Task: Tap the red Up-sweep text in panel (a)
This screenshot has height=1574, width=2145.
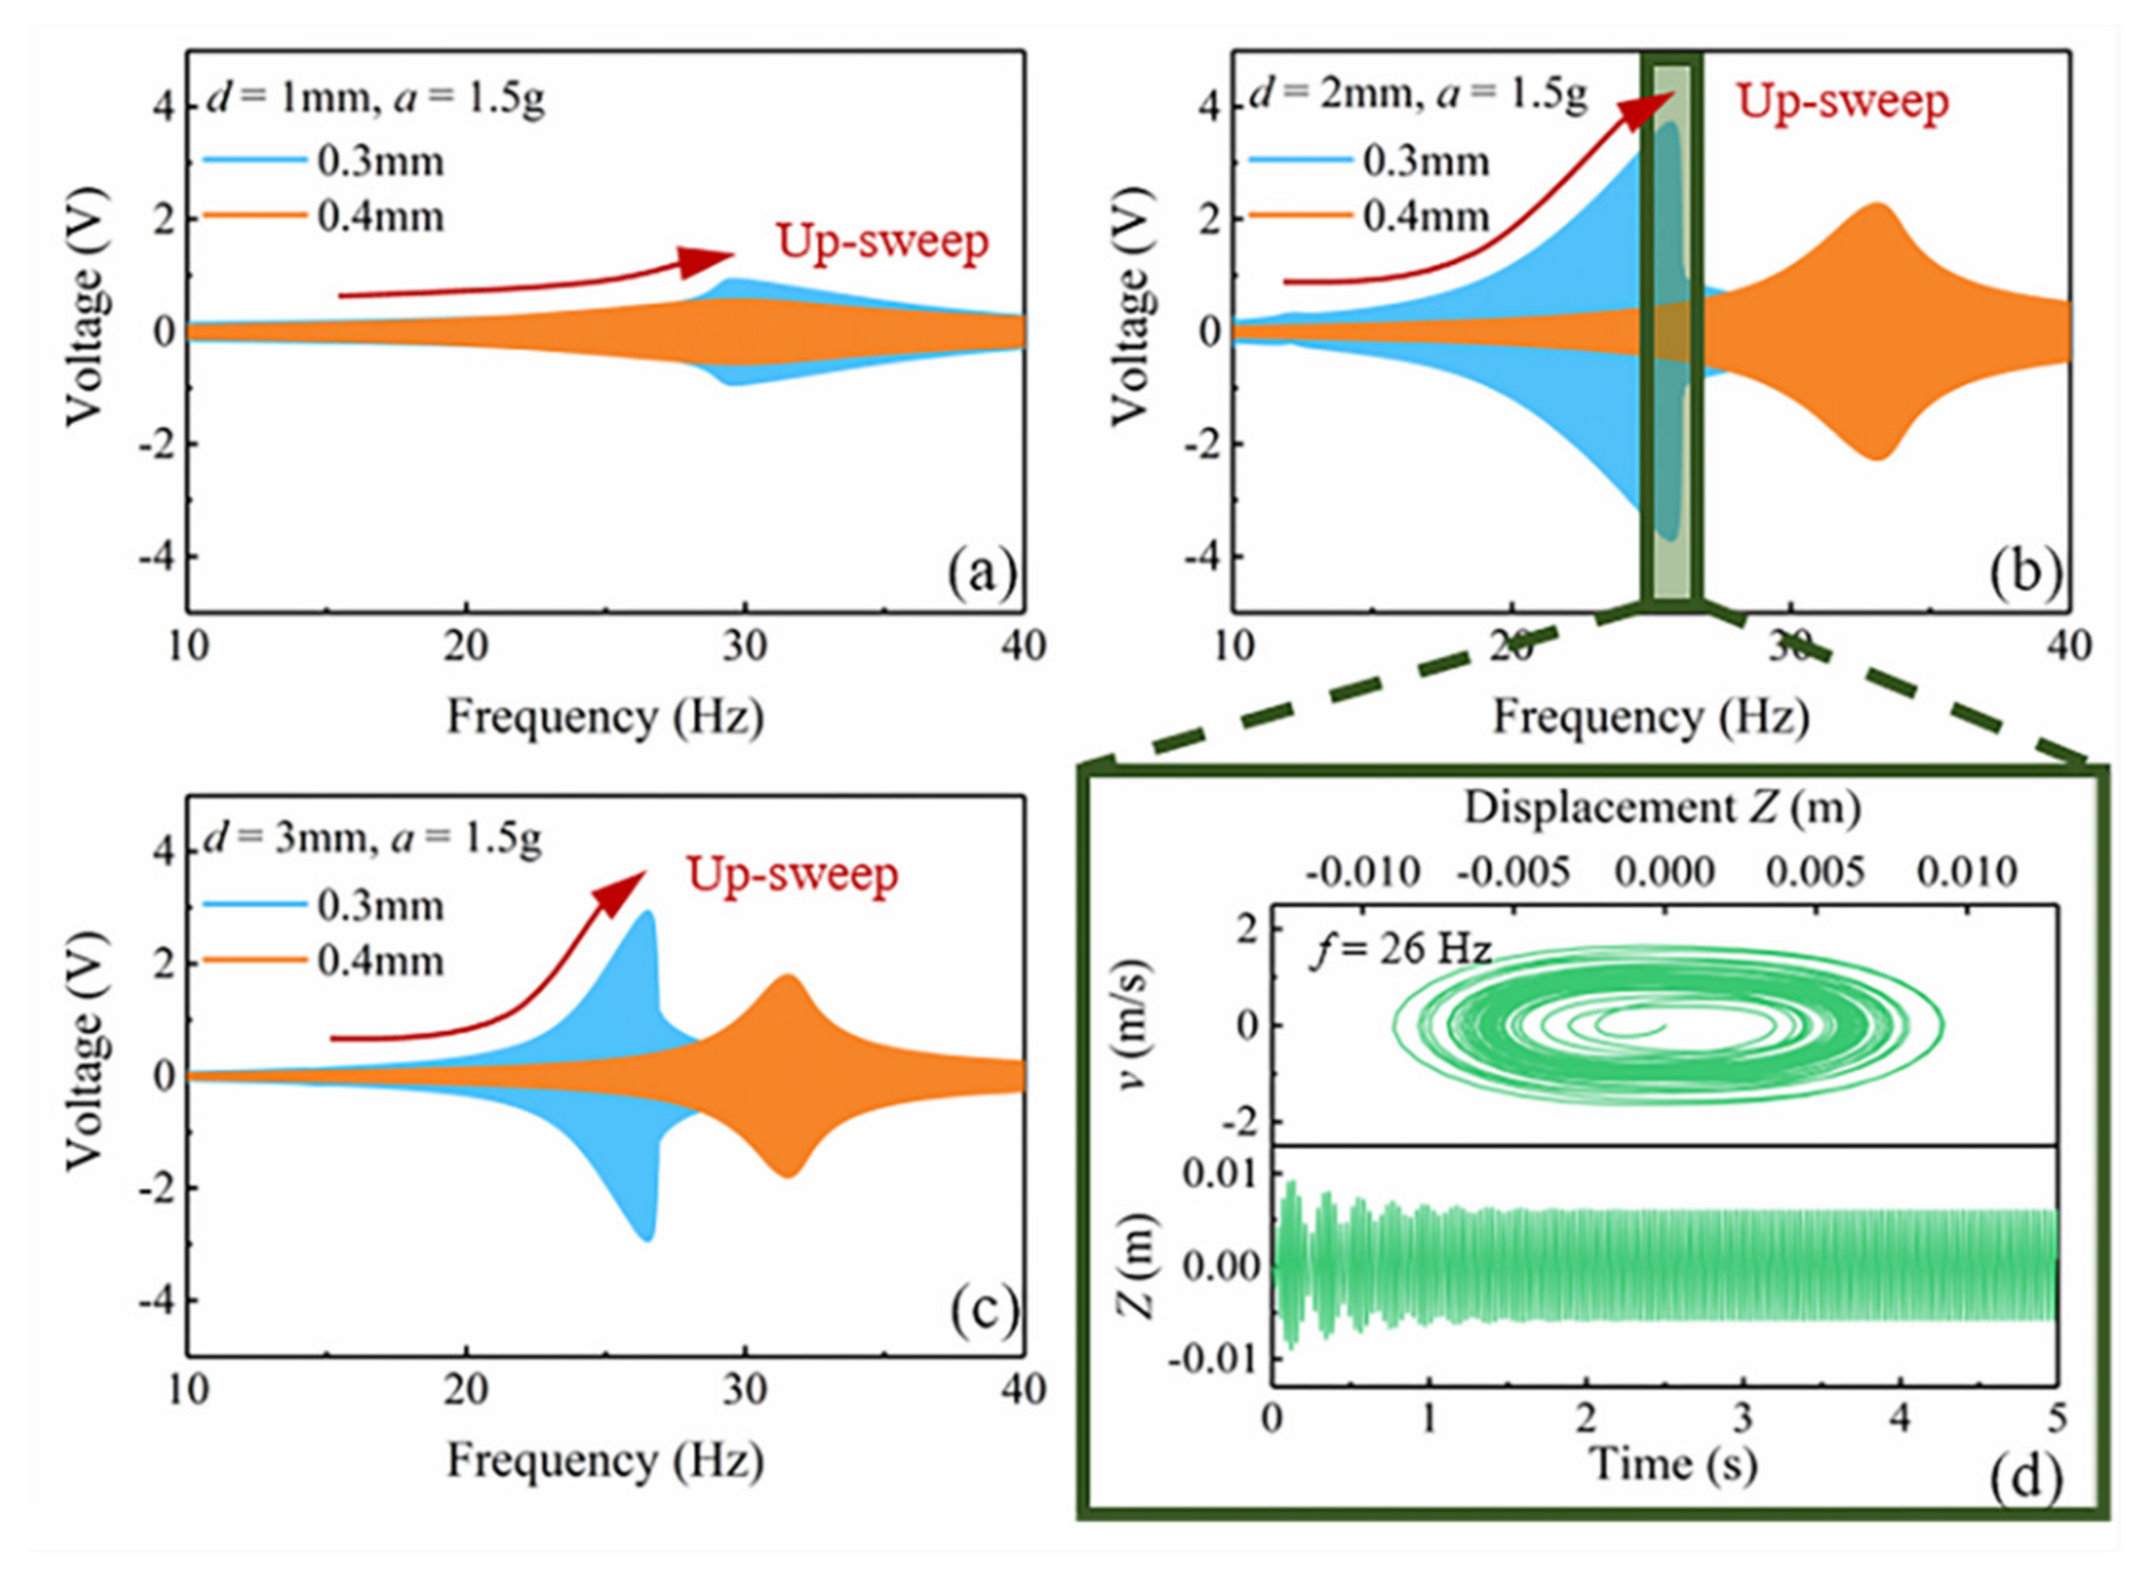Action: point(883,241)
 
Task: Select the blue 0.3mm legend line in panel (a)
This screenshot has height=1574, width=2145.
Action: point(255,162)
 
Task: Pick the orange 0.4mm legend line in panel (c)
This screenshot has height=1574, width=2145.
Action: point(255,960)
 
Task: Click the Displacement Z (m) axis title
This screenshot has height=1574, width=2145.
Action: point(1662,807)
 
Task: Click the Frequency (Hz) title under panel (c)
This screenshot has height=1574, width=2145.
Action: point(606,1460)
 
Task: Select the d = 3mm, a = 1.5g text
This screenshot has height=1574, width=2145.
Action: point(373,839)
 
